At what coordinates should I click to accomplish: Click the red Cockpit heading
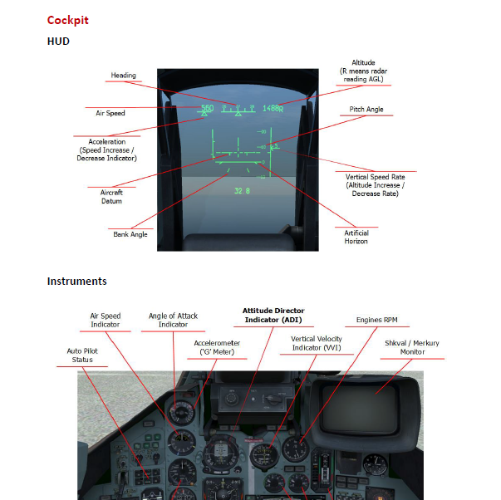(67, 20)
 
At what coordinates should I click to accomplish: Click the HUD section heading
(58, 41)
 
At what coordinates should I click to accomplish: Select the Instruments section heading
(76, 282)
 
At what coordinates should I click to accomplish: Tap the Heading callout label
(123, 76)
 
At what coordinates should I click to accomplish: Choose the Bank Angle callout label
(130, 234)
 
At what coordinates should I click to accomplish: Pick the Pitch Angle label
(366, 110)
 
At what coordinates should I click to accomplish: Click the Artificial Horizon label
(356, 237)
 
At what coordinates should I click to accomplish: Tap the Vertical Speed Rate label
(375, 184)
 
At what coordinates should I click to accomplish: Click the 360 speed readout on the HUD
(207, 108)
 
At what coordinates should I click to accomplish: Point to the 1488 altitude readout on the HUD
(272, 108)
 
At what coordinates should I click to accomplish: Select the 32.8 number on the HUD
(241, 190)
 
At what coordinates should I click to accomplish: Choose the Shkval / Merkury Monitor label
(411, 347)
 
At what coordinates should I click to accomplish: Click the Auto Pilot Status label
(82, 355)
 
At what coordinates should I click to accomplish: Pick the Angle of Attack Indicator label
(174, 320)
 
